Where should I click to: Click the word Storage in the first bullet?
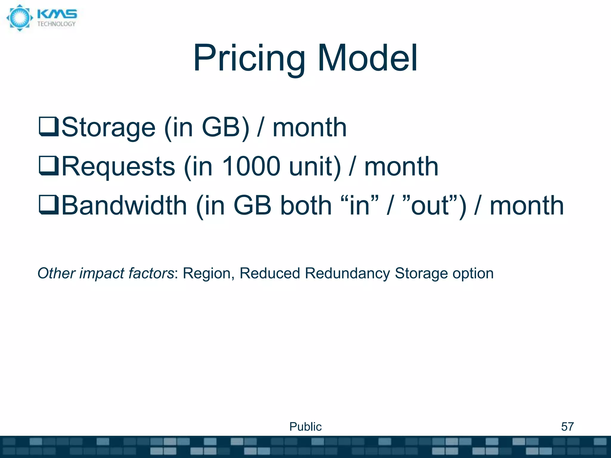click(109, 128)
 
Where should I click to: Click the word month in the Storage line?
click(310, 128)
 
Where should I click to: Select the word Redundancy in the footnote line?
click(347, 273)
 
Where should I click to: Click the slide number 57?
click(567, 427)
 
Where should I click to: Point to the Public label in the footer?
click(305, 427)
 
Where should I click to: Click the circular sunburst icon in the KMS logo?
click(20, 18)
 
